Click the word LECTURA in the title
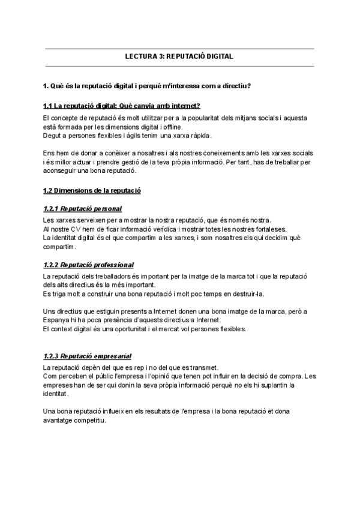[139, 57]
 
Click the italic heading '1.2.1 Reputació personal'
[83, 209]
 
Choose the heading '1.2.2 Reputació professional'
[89, 265]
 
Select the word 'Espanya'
[57, 321]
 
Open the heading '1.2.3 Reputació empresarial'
[88, 357]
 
